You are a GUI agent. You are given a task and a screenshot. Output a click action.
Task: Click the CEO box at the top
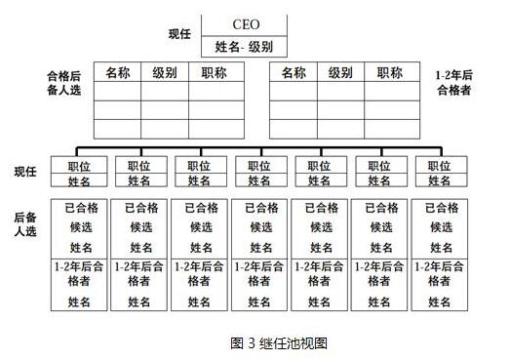tap(245, 24)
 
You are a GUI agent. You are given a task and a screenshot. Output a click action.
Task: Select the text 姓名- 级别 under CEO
tap(245, 46)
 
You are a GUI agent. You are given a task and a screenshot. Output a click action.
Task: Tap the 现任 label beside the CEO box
tap(179, 34)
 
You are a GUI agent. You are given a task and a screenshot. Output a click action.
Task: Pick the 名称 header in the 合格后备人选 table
tap(118, 72)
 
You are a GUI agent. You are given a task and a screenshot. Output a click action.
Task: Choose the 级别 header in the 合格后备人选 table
tap(165, 72)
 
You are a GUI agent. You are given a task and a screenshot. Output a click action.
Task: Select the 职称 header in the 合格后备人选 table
tap(214, 72)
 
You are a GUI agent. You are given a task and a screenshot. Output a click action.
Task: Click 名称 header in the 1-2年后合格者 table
tap(294, 72)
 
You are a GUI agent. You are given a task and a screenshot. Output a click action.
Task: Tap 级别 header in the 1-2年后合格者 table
tap(340, 72)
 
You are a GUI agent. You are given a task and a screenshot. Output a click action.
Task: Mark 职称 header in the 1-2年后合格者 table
tap(389, 72)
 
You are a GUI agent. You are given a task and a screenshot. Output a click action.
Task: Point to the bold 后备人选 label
tap(26, 225)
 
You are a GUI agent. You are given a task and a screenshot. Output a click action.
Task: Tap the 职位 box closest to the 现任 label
tap(80, 166)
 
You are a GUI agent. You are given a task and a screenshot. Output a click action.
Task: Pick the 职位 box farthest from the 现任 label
tap(433, 166)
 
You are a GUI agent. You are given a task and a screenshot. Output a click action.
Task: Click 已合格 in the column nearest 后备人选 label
tap(80, 208)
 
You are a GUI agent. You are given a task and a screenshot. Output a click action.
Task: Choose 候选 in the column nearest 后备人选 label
tap(80, 227)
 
